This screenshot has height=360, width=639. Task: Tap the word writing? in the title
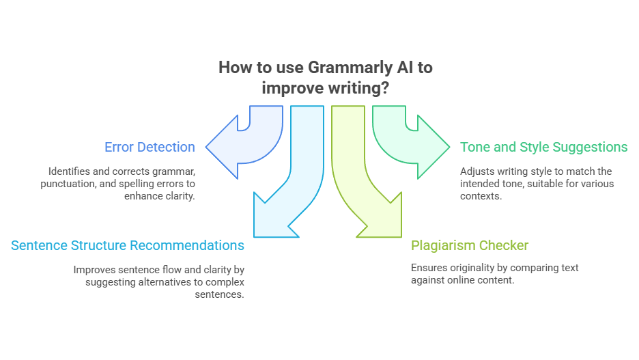(x=358, y=88)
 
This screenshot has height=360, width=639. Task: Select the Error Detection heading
(x=150, y=147)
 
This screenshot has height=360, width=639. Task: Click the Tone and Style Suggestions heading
(x=543, y=147)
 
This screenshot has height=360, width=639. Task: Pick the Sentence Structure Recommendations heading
(x=128, y=245)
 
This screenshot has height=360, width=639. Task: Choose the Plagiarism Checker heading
(x=469, y=245)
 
